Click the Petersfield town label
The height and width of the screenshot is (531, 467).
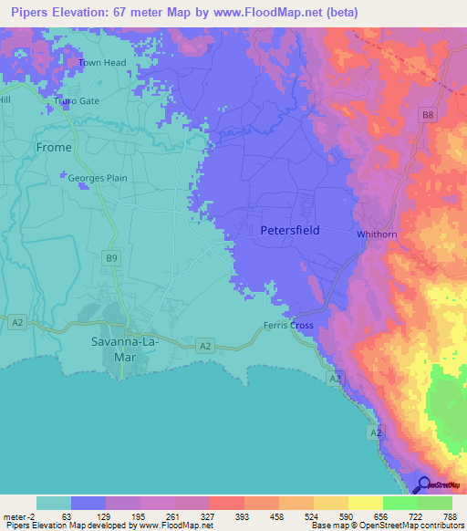(290, 231)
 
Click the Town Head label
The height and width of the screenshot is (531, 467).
(101, 62)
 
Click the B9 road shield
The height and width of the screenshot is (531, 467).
(111, 260)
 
